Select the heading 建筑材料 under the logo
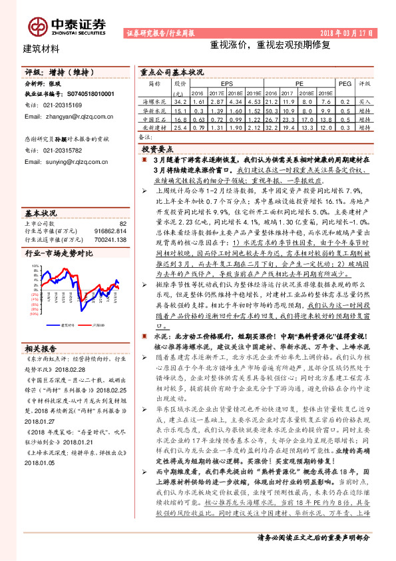point(41,49)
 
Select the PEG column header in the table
point(345,85)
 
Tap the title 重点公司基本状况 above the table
point(175,71)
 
